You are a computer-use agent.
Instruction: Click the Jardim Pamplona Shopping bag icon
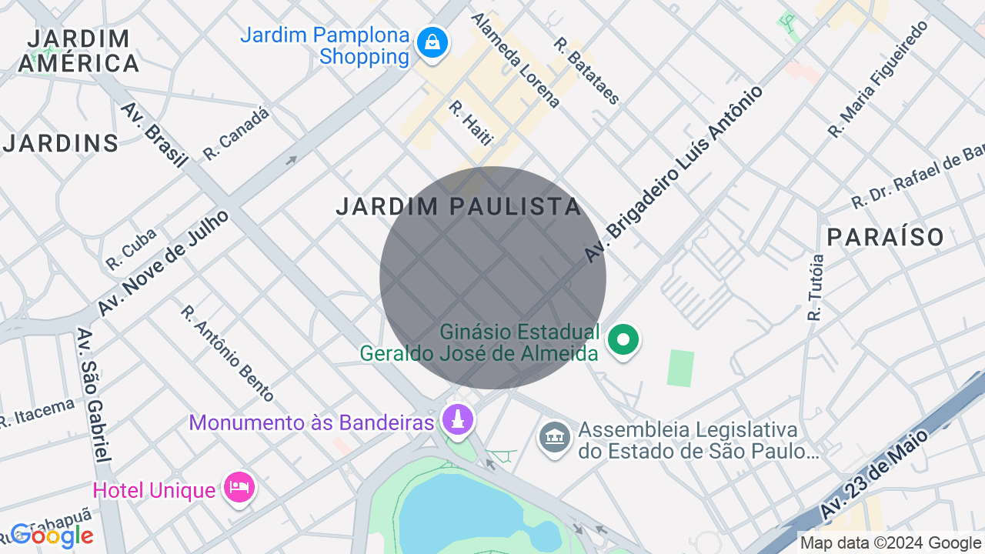pos(432,42)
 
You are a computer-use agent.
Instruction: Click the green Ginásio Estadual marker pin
pos(623,339)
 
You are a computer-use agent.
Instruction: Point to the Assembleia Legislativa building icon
pos(554,437)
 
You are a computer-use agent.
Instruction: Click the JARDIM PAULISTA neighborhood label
pos(459,206)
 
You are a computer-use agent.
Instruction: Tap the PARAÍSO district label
pos(886,237)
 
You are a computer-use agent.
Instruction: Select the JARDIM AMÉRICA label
pos(78,51)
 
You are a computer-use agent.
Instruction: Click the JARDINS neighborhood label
pos(62,143)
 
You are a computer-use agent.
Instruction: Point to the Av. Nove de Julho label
pos(163,262)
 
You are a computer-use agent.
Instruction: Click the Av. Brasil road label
pos(154,135)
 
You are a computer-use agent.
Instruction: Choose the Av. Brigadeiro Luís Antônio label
pos(674,173)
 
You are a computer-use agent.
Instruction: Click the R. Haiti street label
pos(469,122)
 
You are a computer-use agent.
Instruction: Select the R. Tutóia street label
pos(816,287)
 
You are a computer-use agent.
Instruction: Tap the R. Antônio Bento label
pos(227,353)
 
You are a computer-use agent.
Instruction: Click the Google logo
pos(52,536)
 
